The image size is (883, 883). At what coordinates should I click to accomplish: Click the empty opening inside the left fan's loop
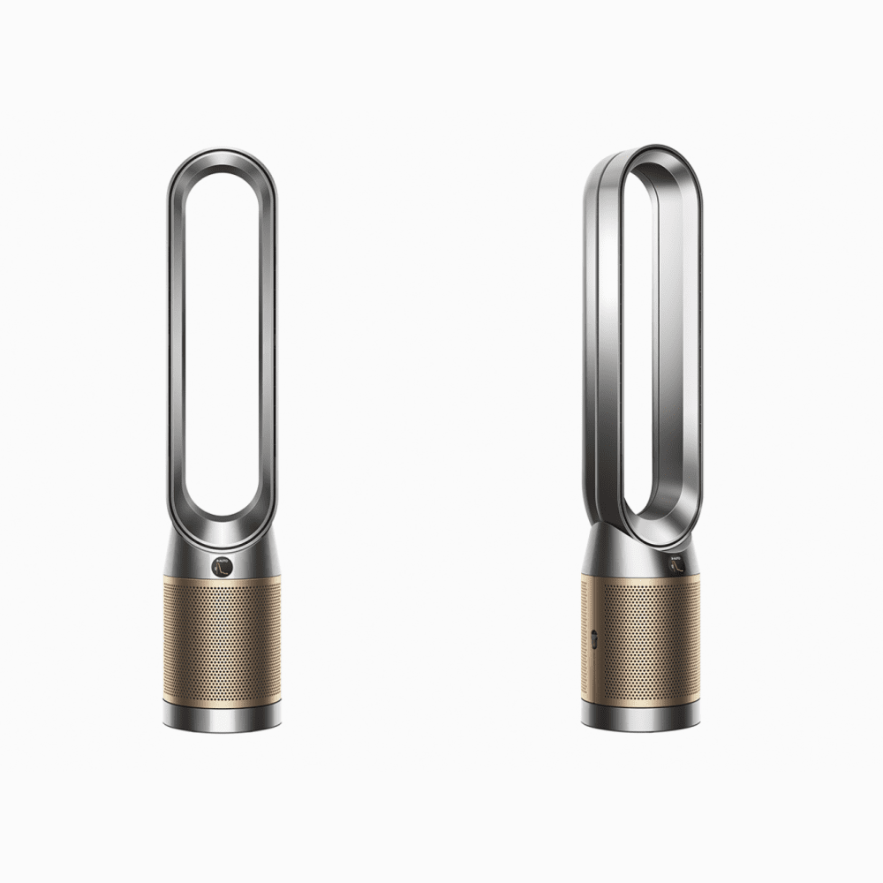click(x=220, y=353)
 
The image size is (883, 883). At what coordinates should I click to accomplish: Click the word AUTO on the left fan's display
click(x=219, y=560)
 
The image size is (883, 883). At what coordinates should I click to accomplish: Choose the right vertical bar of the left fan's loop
click(x=269, y=353)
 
